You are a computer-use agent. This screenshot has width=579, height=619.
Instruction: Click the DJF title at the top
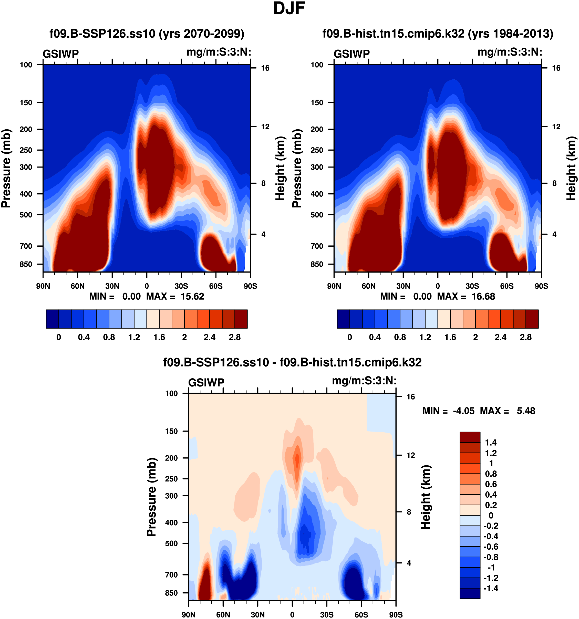[289, 9]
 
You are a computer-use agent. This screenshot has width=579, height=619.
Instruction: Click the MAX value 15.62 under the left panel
[192, 296]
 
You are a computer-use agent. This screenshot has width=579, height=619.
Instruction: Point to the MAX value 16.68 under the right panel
[483, 296]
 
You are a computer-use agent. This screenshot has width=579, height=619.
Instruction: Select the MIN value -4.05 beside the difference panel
[463, 411]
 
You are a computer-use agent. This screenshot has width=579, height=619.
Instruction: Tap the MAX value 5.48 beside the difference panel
[526, 411]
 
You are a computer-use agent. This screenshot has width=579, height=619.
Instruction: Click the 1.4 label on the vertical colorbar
[491, 443]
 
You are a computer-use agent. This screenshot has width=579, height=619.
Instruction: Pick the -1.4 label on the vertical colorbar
[491, 588]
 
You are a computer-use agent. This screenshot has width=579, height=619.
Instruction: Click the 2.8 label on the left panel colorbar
[234, 337]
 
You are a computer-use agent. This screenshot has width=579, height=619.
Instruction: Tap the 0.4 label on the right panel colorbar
[375, 337]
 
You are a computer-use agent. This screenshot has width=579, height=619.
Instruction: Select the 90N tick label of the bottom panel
[189, 615]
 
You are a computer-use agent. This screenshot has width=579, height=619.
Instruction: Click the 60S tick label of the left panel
[215, 286]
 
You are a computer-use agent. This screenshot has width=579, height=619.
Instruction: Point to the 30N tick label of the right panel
[403, 286]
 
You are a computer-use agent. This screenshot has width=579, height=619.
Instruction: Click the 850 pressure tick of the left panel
[26, 264]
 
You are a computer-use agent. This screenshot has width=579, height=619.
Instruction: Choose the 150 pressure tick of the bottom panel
[171, 431]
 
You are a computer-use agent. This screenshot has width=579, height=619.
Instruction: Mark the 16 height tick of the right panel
[556, 68]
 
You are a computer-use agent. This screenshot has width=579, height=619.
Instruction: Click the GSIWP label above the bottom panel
[206, 382]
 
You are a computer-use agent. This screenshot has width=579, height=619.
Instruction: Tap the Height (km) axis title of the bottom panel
[426, 497]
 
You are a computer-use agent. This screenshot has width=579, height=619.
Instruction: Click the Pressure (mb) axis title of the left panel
[6, 168]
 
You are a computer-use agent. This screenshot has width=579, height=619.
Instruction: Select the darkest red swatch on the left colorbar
[241, 319]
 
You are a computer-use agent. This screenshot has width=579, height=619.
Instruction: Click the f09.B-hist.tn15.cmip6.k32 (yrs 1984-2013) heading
[438, 34]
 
